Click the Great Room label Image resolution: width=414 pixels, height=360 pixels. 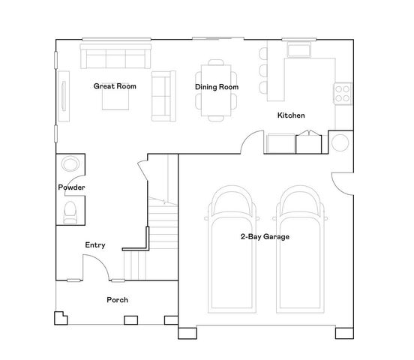click(x=114, y=86)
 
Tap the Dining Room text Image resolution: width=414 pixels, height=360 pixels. click(x=217, y=87)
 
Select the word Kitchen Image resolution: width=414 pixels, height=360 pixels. click(x=291, y=115)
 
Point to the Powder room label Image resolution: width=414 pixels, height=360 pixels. click(x=71, y=187)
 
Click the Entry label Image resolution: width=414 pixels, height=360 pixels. click(x=95, y=245)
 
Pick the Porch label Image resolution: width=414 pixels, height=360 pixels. click(x=117, y=300)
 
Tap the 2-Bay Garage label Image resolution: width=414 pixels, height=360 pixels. click(x=265, y=237)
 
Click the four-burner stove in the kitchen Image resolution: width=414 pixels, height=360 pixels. click(x=343, y=93)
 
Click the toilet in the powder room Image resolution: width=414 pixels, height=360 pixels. click(x=71, y=211)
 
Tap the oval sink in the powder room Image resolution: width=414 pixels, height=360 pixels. click(x=71, y=164)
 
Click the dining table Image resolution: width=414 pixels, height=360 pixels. click(x=217, y=91)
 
